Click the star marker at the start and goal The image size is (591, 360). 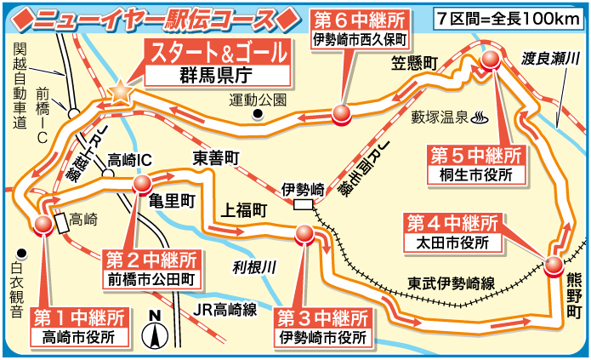click(120, 89)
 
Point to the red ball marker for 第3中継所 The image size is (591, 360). click(304, 233)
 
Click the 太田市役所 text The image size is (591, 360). click(452, 243)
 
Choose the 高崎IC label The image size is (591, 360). click(130, 160)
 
